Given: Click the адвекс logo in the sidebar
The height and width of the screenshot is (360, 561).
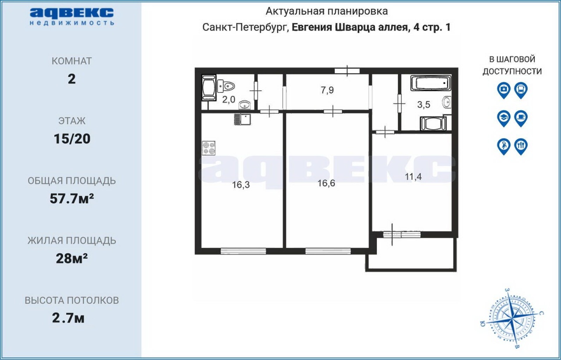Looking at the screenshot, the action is tap(72, 17).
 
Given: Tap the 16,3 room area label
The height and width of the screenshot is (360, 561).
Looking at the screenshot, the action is tap(241, 185).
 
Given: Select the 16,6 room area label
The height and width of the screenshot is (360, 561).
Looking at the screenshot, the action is tap(326, 183).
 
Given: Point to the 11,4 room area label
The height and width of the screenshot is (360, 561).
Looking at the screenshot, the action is tap(413, 177).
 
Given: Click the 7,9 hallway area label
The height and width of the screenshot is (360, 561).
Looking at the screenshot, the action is tap(327, 90).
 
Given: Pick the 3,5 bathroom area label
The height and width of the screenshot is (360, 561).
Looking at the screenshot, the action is tap(423, 104).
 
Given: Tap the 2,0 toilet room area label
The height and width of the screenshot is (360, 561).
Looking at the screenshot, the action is tap(229, 100).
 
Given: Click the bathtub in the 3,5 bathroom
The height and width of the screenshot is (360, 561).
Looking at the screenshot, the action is tap(430, 83).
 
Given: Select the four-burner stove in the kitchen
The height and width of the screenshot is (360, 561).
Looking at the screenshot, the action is tap(209, 148).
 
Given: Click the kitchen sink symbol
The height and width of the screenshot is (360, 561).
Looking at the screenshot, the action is tap(242, 120).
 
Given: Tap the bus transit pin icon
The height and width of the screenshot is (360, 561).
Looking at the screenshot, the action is tap(521, 90).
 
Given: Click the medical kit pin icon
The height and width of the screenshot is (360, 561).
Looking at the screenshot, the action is tap(504, 90).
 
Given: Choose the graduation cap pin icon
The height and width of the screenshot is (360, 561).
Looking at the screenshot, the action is tap(504, 118).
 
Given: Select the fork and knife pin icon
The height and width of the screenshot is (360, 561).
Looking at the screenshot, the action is tap(521, 147).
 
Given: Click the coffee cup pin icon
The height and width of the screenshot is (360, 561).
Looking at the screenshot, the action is tap(521, 118).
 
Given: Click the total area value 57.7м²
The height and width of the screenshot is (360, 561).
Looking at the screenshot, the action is tap(72, 199).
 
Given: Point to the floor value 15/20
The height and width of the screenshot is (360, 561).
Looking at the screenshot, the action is tap(72, 139).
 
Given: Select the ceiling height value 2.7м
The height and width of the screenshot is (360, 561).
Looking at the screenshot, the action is tap(68, 318).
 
